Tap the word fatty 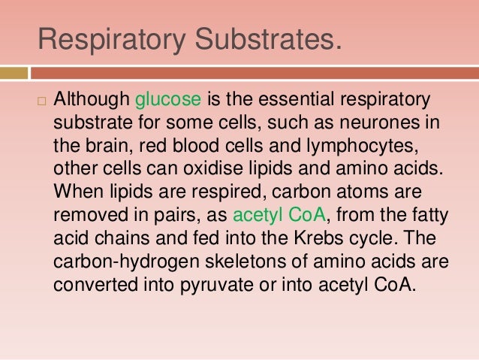[x=429, y=216]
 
